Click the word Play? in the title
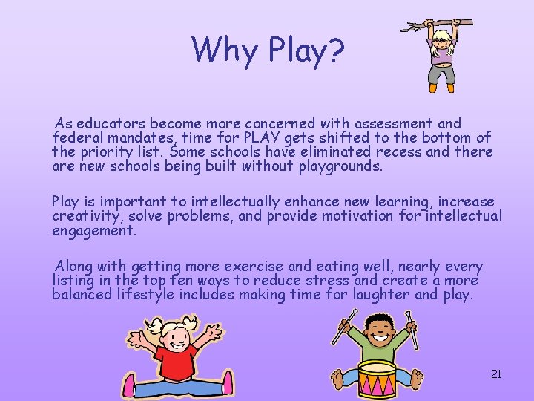tap(306, 50)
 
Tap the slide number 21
tap(496, 374)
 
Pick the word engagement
tap(94, 230)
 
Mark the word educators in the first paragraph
tap(111, 123)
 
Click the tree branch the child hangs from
tap(438, 25)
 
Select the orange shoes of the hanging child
tap(441, 88)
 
